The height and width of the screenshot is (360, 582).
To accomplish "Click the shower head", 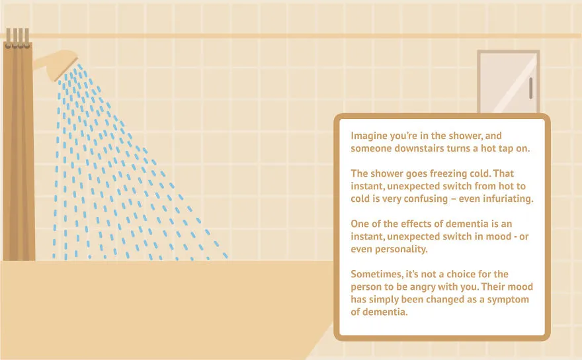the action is pos(58,64).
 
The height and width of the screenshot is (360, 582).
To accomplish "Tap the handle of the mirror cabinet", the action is pos(531,88).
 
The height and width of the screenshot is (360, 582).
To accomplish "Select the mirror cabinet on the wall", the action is pos(508,82).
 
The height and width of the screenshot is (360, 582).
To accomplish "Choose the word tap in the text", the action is pos(505,149).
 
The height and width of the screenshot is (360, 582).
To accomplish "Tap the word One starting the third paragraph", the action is pos(359,224).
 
